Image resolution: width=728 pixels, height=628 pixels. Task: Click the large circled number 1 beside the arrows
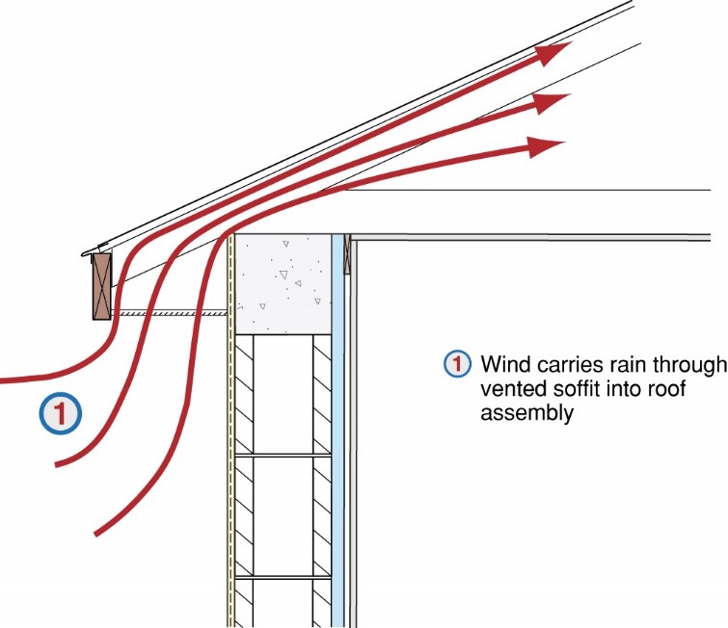point(60,414)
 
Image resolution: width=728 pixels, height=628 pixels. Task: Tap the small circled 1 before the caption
point(455,365)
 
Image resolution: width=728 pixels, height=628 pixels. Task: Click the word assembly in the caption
point(526,413)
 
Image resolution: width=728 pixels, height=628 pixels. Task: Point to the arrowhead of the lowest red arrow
point(550,145)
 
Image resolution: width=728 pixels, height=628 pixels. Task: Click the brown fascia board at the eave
point(99,286)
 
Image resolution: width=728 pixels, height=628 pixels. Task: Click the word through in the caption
point(694,365)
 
